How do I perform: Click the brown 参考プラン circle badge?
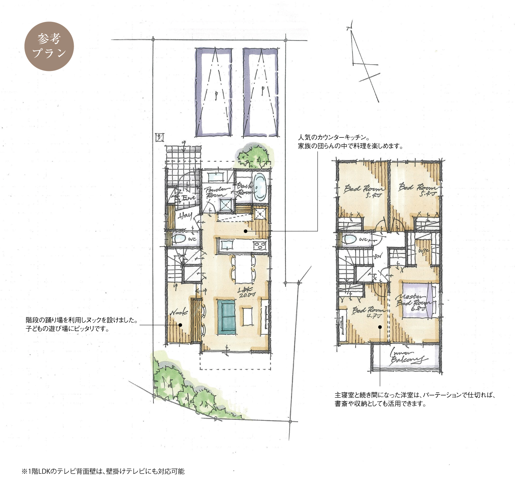click(49, 46)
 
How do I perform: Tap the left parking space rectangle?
click(213, 92)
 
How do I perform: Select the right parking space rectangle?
click(261, 92)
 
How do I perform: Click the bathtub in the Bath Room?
click(260, 187)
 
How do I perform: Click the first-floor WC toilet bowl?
click(180, 239)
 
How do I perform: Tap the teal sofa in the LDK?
click(227, 317)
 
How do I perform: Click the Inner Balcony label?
click(407, 357)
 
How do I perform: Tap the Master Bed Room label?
click(413, 301)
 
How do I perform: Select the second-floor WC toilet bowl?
click(349, 239)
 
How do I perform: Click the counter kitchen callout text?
click(350, 142)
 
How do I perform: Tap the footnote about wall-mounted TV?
click(103, 471)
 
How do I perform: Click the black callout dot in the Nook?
click(180, 325)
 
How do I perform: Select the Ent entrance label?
click(188, 198)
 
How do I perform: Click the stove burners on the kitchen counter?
click(259, 246)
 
